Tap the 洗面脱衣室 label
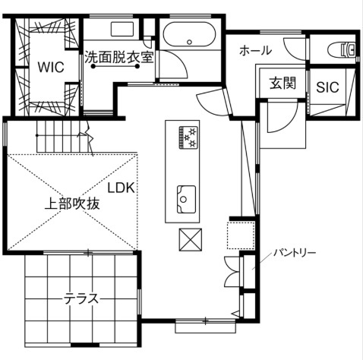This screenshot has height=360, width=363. point(119,56)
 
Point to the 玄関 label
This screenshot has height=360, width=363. point(282,84)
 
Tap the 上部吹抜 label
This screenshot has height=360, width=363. point(70,204)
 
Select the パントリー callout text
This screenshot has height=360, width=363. point(295,251)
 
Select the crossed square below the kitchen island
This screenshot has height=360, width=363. point(190,240)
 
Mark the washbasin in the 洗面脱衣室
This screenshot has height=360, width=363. point(122,30)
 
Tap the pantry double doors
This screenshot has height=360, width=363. point(232,271)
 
